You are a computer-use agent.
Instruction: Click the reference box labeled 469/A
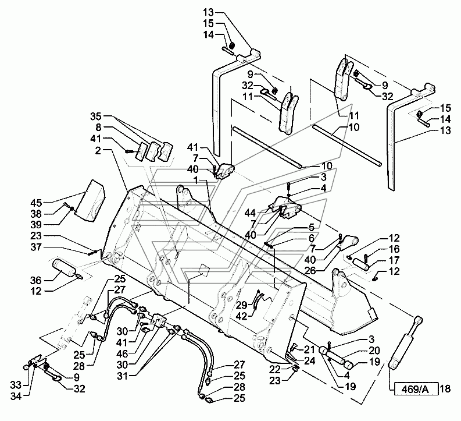point(414,389)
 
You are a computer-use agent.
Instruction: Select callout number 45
point(36,203)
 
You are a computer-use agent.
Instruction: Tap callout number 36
point(36,280)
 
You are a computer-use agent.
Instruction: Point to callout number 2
point(98,151)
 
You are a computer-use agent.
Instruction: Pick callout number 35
point(95,116)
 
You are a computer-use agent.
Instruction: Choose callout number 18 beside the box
point(446,389)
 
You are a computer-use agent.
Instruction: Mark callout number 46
point(122,353)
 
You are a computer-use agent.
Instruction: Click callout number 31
point(123,376)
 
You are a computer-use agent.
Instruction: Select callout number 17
point(394,260)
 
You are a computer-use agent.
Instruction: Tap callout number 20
point(374,351)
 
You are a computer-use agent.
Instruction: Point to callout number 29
point(242,305)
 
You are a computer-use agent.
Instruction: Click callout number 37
point(36,247)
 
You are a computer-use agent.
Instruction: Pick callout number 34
point(16,397)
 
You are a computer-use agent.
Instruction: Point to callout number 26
point(310,271)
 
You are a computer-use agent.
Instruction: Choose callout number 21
point(309,349)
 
